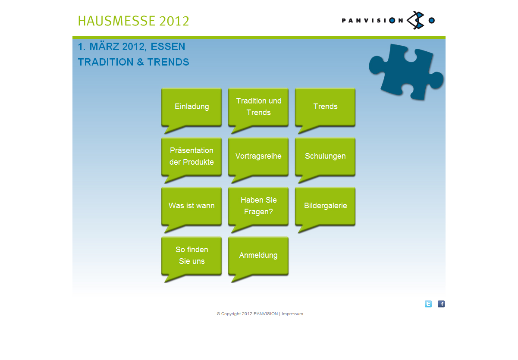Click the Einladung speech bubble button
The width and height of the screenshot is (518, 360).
[x=192, y=107]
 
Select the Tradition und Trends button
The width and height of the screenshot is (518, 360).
[x=258, y=107]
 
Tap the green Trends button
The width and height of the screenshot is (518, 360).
[x=325, y=107]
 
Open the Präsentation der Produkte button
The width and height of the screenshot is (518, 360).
[x=192, y=157]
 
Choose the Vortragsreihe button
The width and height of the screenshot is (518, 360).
[x=258, y=157]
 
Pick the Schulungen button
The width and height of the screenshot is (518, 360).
[x=325, y=157]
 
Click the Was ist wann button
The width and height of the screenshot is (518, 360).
[x=192, y=206]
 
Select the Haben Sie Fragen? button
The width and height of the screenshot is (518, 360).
[x=258, y=206]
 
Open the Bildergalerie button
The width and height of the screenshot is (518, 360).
[x=325, y=206]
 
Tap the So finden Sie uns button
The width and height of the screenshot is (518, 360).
[x=192, y=256]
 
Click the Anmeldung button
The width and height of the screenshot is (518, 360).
[x=258, y=256]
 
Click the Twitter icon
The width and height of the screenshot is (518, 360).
[x=428, y=304]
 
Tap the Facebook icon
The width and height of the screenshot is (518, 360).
[x=441, y=304]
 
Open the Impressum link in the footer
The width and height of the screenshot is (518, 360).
[x=292, y=314]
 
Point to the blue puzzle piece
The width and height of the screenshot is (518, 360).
[x=406, y=72]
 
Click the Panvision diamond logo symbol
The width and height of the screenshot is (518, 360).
[x=415, y=20]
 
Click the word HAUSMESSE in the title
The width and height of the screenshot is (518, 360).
[x=116, y=21]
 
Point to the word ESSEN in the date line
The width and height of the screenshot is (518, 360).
[x=168, y=47]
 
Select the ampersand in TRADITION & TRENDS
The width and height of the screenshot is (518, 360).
[x=140, y=62]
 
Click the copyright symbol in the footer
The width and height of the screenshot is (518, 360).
[x=218, y=314]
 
